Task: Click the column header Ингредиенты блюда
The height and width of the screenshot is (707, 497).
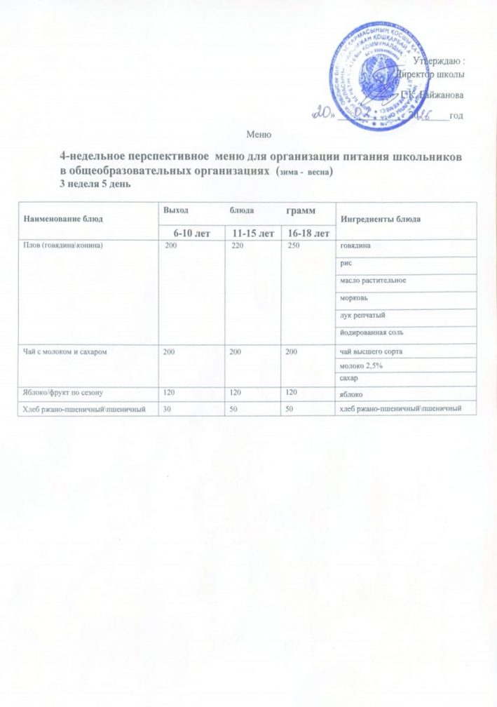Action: point(380,220)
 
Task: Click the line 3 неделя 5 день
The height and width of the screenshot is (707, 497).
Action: point(95,184)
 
